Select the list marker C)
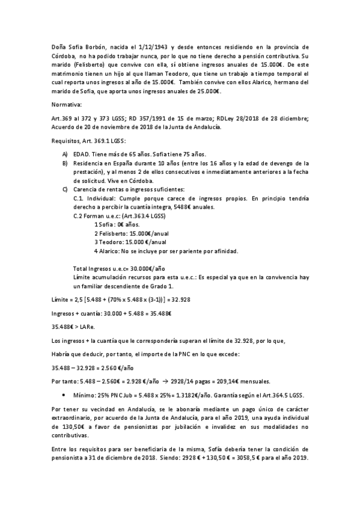[65, 190]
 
